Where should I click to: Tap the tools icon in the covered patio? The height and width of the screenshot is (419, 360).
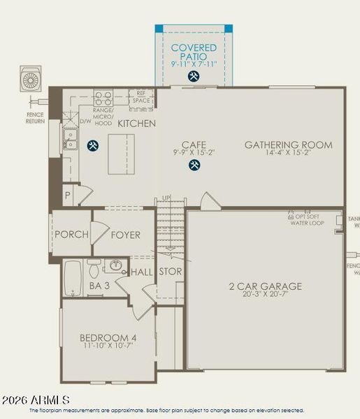tap(194, 78)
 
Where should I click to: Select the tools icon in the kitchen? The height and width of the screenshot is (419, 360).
tap(92, 146)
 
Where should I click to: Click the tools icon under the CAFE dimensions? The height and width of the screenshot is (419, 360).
tap(194, 166)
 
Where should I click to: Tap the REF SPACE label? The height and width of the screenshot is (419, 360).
tap(142, 96)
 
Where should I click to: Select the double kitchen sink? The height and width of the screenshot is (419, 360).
tap(71, 139)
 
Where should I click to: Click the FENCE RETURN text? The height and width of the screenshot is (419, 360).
tap(35, 117)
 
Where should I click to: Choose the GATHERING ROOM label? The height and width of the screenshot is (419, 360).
tap(288, 145)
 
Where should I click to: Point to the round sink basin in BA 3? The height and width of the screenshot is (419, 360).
tap(116, 266)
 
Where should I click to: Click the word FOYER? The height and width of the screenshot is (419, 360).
tap(125, 235)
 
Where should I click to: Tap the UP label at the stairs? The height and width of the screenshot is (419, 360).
tap(166, 198)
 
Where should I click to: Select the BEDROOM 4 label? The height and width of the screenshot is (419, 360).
tap(108, 339)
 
